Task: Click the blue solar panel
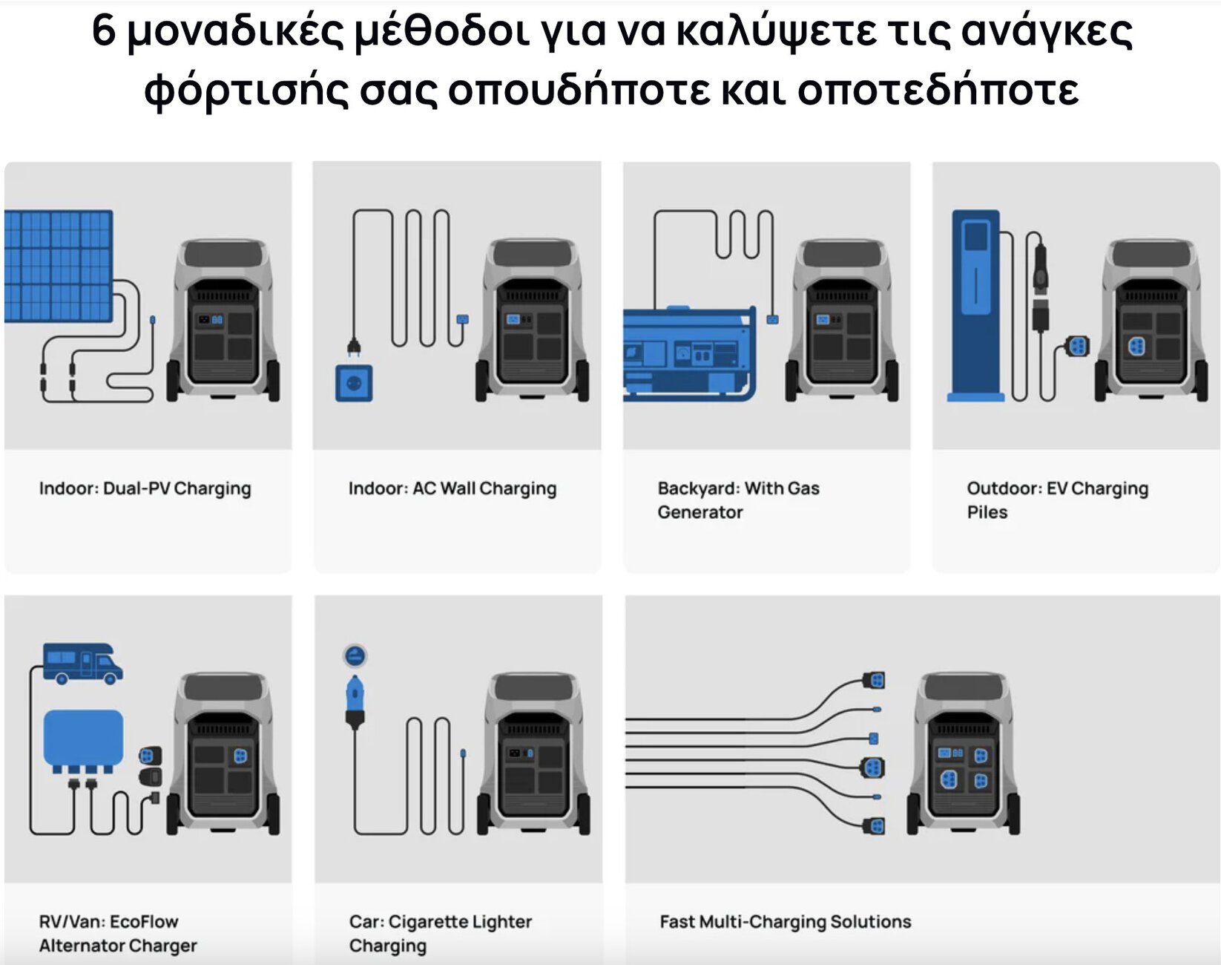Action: (x=58, y=266)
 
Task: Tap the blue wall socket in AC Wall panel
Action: (x=354, y=383)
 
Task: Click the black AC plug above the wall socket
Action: (x=354, y=347)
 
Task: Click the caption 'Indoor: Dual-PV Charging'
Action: (x=145, y=488)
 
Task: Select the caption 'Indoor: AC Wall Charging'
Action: (x=452, y=488)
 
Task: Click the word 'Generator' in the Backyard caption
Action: (x=700, y=512)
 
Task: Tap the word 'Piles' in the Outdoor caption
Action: (x=987, y=512)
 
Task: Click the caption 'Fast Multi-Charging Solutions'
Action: (x=785, y=922)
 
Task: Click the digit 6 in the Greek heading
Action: (x=104, y=31)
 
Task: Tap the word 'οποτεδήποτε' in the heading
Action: (x=938, y=91)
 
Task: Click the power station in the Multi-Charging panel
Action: (x=963, y=753)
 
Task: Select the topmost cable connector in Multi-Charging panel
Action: (x=875, y=680)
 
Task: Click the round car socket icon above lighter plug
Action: (x=355, y=655)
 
